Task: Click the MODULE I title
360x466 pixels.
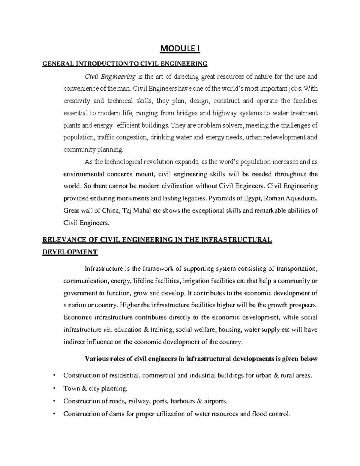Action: click(180, 49)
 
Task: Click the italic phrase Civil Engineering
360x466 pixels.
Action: click(110, 77)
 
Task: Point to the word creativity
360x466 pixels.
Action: click(76, 101)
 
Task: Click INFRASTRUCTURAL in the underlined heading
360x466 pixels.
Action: click(237, 239)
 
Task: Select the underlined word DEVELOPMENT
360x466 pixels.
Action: click(69, 252)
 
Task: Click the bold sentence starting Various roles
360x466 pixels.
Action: click(201, 359)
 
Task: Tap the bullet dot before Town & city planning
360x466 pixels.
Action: click(54, 388)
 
